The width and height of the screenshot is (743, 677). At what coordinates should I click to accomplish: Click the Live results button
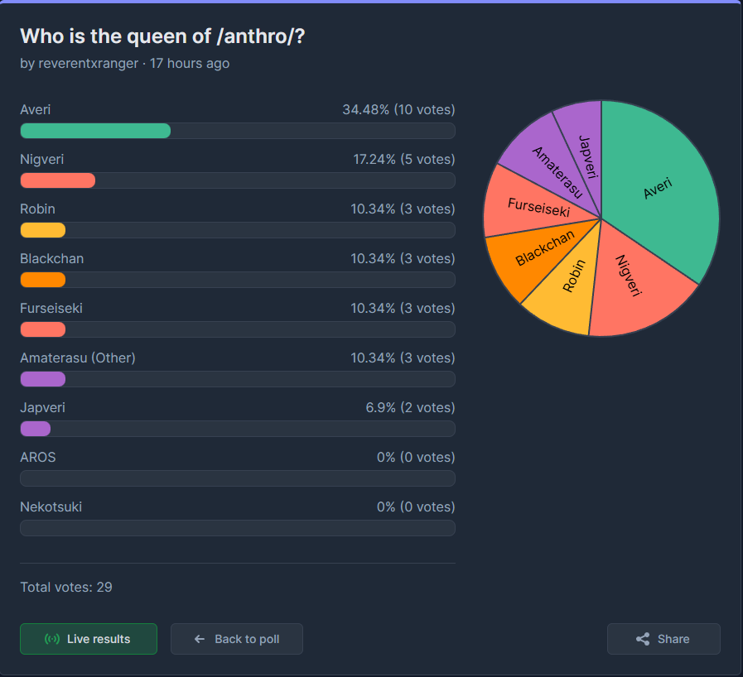89,639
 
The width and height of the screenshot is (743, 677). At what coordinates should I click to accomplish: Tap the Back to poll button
237,639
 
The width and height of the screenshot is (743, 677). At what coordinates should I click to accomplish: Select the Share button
663,639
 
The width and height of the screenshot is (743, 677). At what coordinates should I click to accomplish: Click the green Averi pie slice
659,190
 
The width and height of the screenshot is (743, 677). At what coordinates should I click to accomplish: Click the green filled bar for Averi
95,131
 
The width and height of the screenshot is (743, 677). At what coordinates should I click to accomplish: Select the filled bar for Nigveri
58,180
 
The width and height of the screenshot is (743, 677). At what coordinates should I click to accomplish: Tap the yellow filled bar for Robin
43,230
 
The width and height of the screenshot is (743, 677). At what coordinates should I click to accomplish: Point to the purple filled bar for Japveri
36,429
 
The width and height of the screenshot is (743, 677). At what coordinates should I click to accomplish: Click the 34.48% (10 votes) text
398,109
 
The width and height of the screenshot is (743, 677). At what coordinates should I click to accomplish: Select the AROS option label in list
38,457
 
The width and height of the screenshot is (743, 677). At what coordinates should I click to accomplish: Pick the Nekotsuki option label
51,507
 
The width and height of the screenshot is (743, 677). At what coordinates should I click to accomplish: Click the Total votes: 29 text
66,587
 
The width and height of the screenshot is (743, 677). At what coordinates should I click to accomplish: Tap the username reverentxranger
89,63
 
